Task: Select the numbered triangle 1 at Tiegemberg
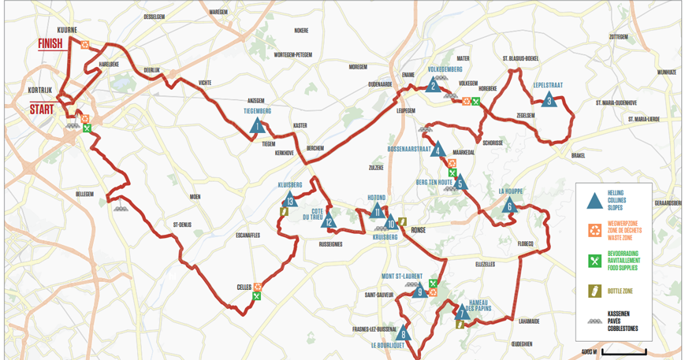(x=256, y=124)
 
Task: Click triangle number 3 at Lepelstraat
(x=549, y=99)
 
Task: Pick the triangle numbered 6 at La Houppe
(x=509, y=206)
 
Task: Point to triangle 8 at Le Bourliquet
(x=403, y=332)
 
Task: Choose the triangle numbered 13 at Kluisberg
(x=290, y=200)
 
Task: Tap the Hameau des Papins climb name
(x=481, y=305)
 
